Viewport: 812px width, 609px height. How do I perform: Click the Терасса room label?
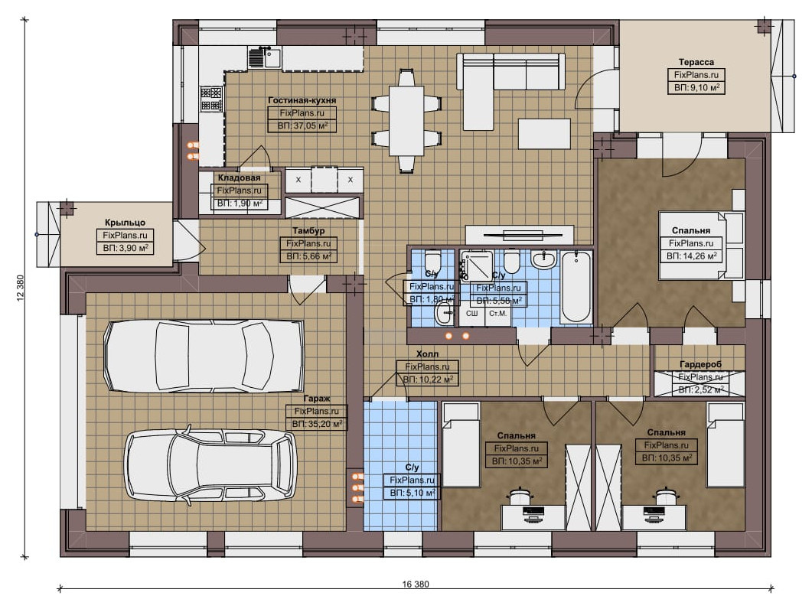[x=696, y=62]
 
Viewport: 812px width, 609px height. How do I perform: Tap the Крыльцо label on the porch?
[x=125, y=223]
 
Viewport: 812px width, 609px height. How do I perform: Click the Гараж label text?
[x=316, y=399]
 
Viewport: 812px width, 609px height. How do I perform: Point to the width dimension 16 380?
[x=416, y=585]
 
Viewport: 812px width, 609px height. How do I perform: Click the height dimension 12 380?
[x=20, y=288]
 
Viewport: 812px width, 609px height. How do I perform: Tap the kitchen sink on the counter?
[x=265, y=57]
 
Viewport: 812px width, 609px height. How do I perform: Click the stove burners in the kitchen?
[x=212, y=99]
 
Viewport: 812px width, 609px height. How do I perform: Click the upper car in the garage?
[x=204, y=356]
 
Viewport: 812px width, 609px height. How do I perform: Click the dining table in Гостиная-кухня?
[x=406, y=121]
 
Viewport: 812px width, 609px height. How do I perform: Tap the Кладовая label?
[x=239, y=178]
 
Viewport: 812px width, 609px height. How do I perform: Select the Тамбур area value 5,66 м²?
[x=308, y=256]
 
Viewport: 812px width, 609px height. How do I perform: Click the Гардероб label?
[x=700, y=365]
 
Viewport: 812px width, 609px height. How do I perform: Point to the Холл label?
[x=427, y=354]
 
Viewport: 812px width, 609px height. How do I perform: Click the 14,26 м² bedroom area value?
[x=691, y=256]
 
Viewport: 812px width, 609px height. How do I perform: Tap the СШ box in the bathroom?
[x=471, y=314]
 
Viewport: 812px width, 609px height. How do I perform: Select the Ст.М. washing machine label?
[x=497, y=314]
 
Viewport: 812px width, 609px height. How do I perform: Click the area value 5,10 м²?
[x=413, y=493]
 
